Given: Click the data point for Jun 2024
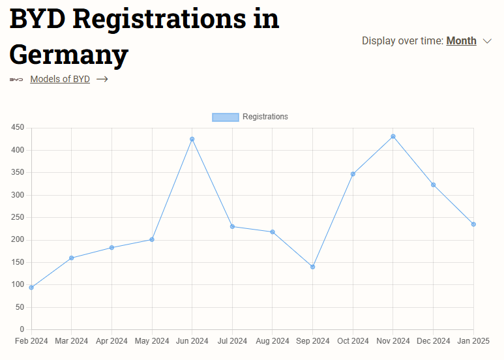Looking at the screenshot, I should point(192,139).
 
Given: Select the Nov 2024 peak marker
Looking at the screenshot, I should point(393,136).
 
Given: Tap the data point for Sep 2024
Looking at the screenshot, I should point(312,267).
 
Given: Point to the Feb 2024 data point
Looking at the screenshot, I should point(31,287).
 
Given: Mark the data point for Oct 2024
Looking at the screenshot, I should point(353,174).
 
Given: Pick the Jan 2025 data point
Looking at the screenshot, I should point(473,224).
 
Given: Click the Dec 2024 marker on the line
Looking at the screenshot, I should point(433,185).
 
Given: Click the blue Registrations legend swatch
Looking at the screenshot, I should point(225,117).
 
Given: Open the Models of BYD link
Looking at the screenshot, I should point(60,80).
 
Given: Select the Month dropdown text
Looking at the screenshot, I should point(461,41).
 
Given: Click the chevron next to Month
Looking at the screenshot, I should point(488,41).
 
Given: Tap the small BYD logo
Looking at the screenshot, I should point(16,80).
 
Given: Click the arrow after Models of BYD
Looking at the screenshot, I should point(102,80).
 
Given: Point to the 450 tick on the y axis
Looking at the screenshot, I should point(18,128).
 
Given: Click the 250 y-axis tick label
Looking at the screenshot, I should point(18,217).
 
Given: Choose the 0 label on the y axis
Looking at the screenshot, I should point(22,329).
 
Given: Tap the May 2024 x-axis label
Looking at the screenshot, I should point(152,341).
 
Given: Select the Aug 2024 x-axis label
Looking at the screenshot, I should point(273,341).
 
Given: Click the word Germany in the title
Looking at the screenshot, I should point(68,54).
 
